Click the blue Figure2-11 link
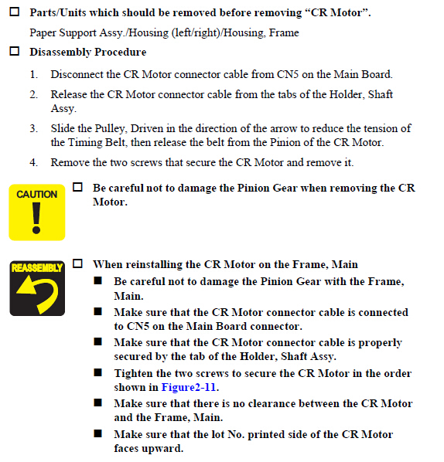point(189,387)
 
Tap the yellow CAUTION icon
point(37,212)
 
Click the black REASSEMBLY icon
point(37,288)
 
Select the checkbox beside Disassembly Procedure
point(15,51)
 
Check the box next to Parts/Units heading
point(15,12)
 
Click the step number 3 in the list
point(33,128)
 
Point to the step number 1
point(33,74)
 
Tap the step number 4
point(33,162)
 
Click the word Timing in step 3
point(85,143)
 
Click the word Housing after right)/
point(243,32)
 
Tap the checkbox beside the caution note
point(77,187)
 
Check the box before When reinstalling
point(77,263)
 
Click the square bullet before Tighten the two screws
point(98,372)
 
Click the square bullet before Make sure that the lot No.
point(98,433)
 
